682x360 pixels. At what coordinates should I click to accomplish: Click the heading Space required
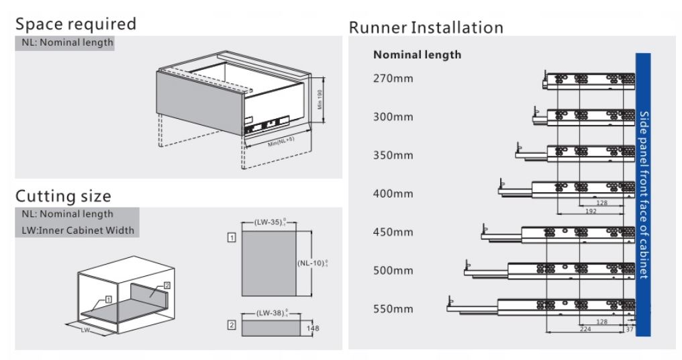coord(75,24)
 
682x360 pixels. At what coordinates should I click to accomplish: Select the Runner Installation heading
coord(426,28)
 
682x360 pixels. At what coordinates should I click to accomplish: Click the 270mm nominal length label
coord(393,79)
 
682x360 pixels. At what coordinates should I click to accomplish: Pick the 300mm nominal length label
coord(393,117)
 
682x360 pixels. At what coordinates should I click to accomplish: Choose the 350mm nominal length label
coord(393,155)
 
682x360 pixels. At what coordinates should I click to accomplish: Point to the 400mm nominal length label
coord(393,194)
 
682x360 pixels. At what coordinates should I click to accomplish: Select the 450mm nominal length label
coord(393,232)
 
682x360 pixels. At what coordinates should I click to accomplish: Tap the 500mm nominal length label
coord(393,271)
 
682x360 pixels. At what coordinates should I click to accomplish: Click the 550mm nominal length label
coord(393,310)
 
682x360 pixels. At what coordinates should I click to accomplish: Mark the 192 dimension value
coord(590,211)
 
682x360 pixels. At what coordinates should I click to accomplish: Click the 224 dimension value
coord(586,329)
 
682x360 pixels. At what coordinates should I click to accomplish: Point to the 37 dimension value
coord(629,329)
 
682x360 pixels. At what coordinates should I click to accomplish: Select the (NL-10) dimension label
coord(311,263)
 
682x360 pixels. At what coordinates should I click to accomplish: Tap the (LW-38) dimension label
coord(271,313)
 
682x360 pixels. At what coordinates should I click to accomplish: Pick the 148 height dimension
coord(313,328)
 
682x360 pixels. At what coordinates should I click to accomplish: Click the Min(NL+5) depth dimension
coord(281,141)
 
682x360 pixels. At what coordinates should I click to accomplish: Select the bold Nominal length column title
coord(417,55)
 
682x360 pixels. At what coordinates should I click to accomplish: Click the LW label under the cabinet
coord(85,330)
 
